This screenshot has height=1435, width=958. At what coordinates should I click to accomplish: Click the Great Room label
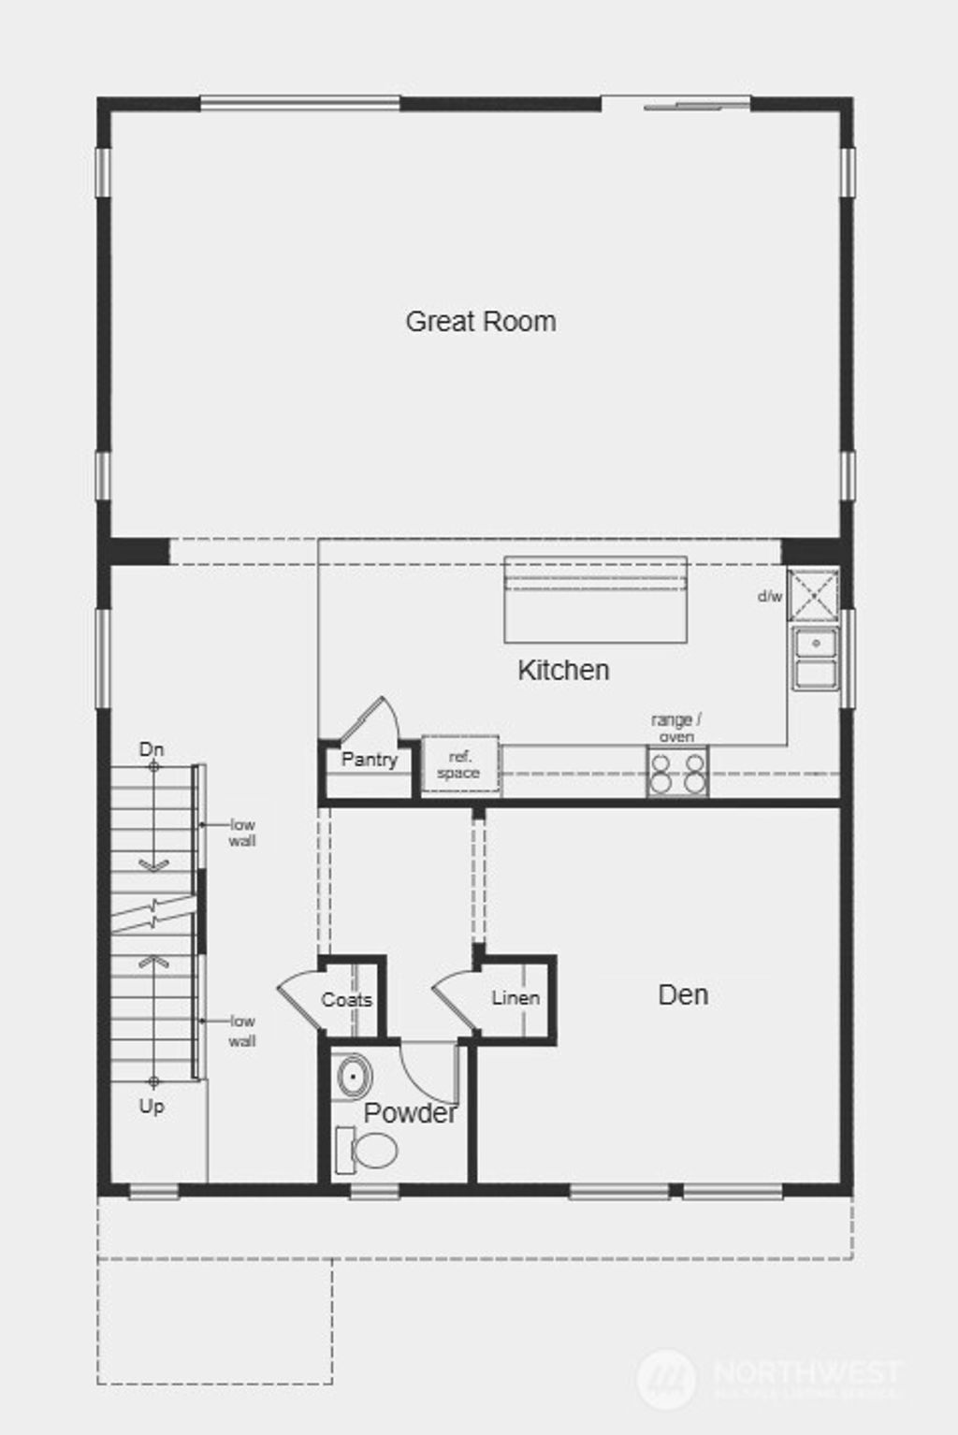tap(481, 322)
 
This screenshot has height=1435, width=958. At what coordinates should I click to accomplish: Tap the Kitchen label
tap(563, 670)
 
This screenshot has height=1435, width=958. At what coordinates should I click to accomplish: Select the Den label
tap(683, 994)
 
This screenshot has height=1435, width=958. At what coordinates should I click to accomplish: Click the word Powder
tap(410, 1113)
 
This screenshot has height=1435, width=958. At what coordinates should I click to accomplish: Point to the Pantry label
tap(369, 760)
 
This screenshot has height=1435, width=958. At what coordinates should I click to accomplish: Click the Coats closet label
tap(347, 1000)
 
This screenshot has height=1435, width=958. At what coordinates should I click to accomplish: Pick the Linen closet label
tap(515, 998)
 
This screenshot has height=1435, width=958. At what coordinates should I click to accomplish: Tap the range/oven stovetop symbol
tap(677, 773)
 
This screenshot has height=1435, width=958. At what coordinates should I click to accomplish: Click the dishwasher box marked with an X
tap(813, 595)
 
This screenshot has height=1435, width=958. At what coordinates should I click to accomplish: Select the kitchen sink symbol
tap(816, 658)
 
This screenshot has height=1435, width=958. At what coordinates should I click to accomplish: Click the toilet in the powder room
tap(367, 1151)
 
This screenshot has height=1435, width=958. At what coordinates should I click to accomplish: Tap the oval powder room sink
tap(353, 1077)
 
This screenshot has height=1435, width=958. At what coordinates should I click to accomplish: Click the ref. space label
tap(458, 765)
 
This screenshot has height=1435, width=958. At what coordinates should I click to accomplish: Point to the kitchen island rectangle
tap(596, 601)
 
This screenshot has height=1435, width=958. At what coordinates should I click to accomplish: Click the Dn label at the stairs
tap(152, 749)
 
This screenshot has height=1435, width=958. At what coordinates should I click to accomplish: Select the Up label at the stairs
tap(152, 1107)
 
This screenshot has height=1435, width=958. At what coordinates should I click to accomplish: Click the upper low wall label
tap(242, 833)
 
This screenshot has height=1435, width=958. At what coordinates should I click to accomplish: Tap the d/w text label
tap(770, 596)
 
